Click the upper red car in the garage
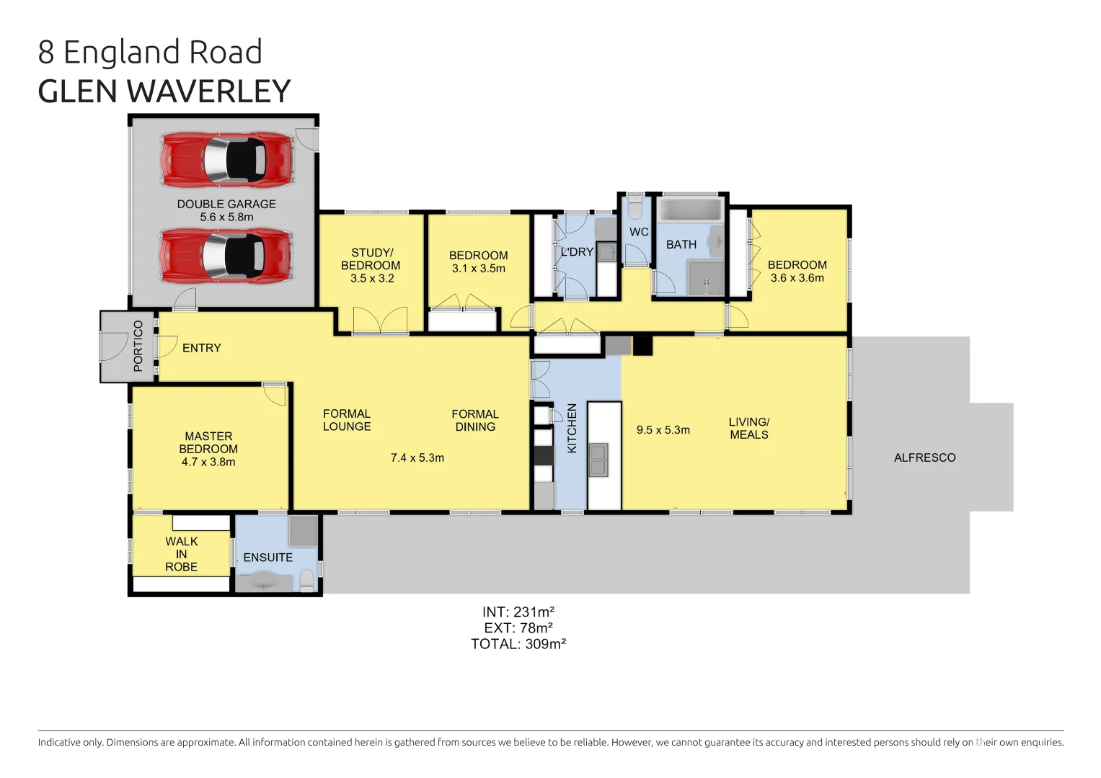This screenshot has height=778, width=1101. point(227,159)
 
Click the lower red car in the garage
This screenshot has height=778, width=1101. point(227,255)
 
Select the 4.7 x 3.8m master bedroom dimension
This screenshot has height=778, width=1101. point(208,462)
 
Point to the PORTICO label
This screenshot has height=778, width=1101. point(138,346)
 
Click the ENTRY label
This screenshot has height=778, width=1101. point(201,348)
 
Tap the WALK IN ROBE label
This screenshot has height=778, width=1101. point(181,554)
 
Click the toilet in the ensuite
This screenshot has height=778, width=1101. point(307,579)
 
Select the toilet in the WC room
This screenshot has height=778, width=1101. point(634,210)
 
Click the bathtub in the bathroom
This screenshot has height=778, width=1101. point(691,210)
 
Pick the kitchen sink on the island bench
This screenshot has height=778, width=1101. point(598,460)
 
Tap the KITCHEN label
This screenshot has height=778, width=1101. point(572,428)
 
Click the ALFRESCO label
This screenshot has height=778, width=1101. point(924,457)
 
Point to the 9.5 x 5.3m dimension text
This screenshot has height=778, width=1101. point(663,430)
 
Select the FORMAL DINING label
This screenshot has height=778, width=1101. point(474,420)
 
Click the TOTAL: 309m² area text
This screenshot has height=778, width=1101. point(518,644)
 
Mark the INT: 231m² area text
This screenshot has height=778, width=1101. point(518,612)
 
